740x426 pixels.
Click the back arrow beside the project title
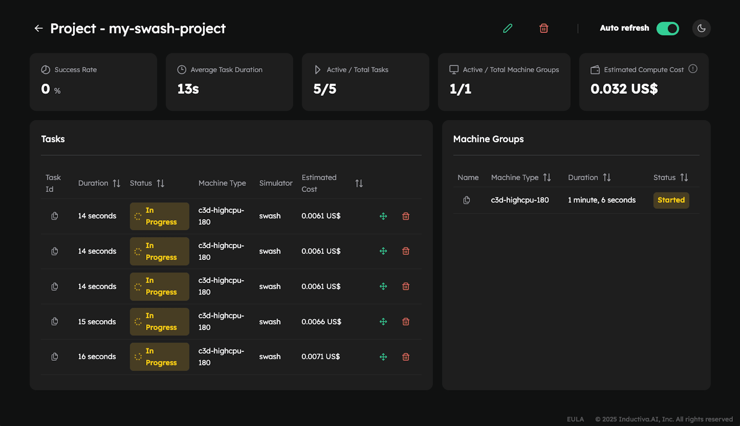39,28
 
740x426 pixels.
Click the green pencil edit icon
508,28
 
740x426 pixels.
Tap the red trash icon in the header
544,28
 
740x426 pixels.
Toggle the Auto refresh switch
667,28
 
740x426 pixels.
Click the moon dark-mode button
701,28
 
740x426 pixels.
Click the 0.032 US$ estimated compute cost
624,89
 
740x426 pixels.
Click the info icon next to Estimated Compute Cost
692,69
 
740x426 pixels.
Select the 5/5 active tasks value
325,89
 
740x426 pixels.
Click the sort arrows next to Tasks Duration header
116,184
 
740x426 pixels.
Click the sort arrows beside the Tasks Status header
160,184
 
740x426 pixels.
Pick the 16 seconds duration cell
97,357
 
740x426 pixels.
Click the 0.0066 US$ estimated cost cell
321,322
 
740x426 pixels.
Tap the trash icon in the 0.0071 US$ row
406,357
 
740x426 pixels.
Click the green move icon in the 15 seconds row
383,322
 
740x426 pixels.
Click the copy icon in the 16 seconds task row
54,357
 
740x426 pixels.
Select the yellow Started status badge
671,200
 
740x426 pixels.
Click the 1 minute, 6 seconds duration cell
602,200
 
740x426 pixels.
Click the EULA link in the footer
575,419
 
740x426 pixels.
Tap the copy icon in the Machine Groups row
466,200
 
